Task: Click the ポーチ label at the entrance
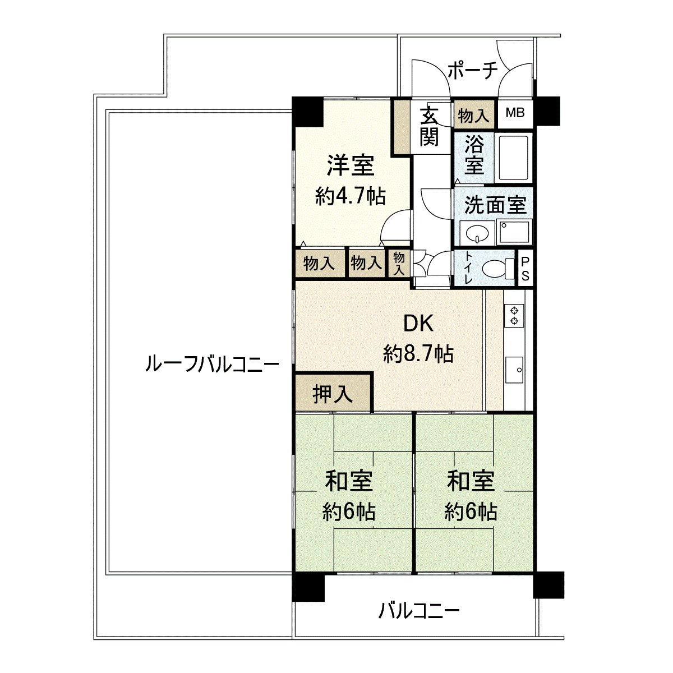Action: [473, 71]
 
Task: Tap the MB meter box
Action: [515, 113]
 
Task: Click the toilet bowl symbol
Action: [496, 268]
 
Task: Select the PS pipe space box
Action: [525, 269]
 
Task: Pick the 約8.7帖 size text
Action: [418, 353]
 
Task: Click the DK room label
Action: [418, 324]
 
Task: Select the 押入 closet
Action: [333, 394]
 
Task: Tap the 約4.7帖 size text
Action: [350, 196]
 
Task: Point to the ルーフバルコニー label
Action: [211, 365]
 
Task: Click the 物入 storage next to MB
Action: [474, 116]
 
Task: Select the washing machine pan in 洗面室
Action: [514, 232]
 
